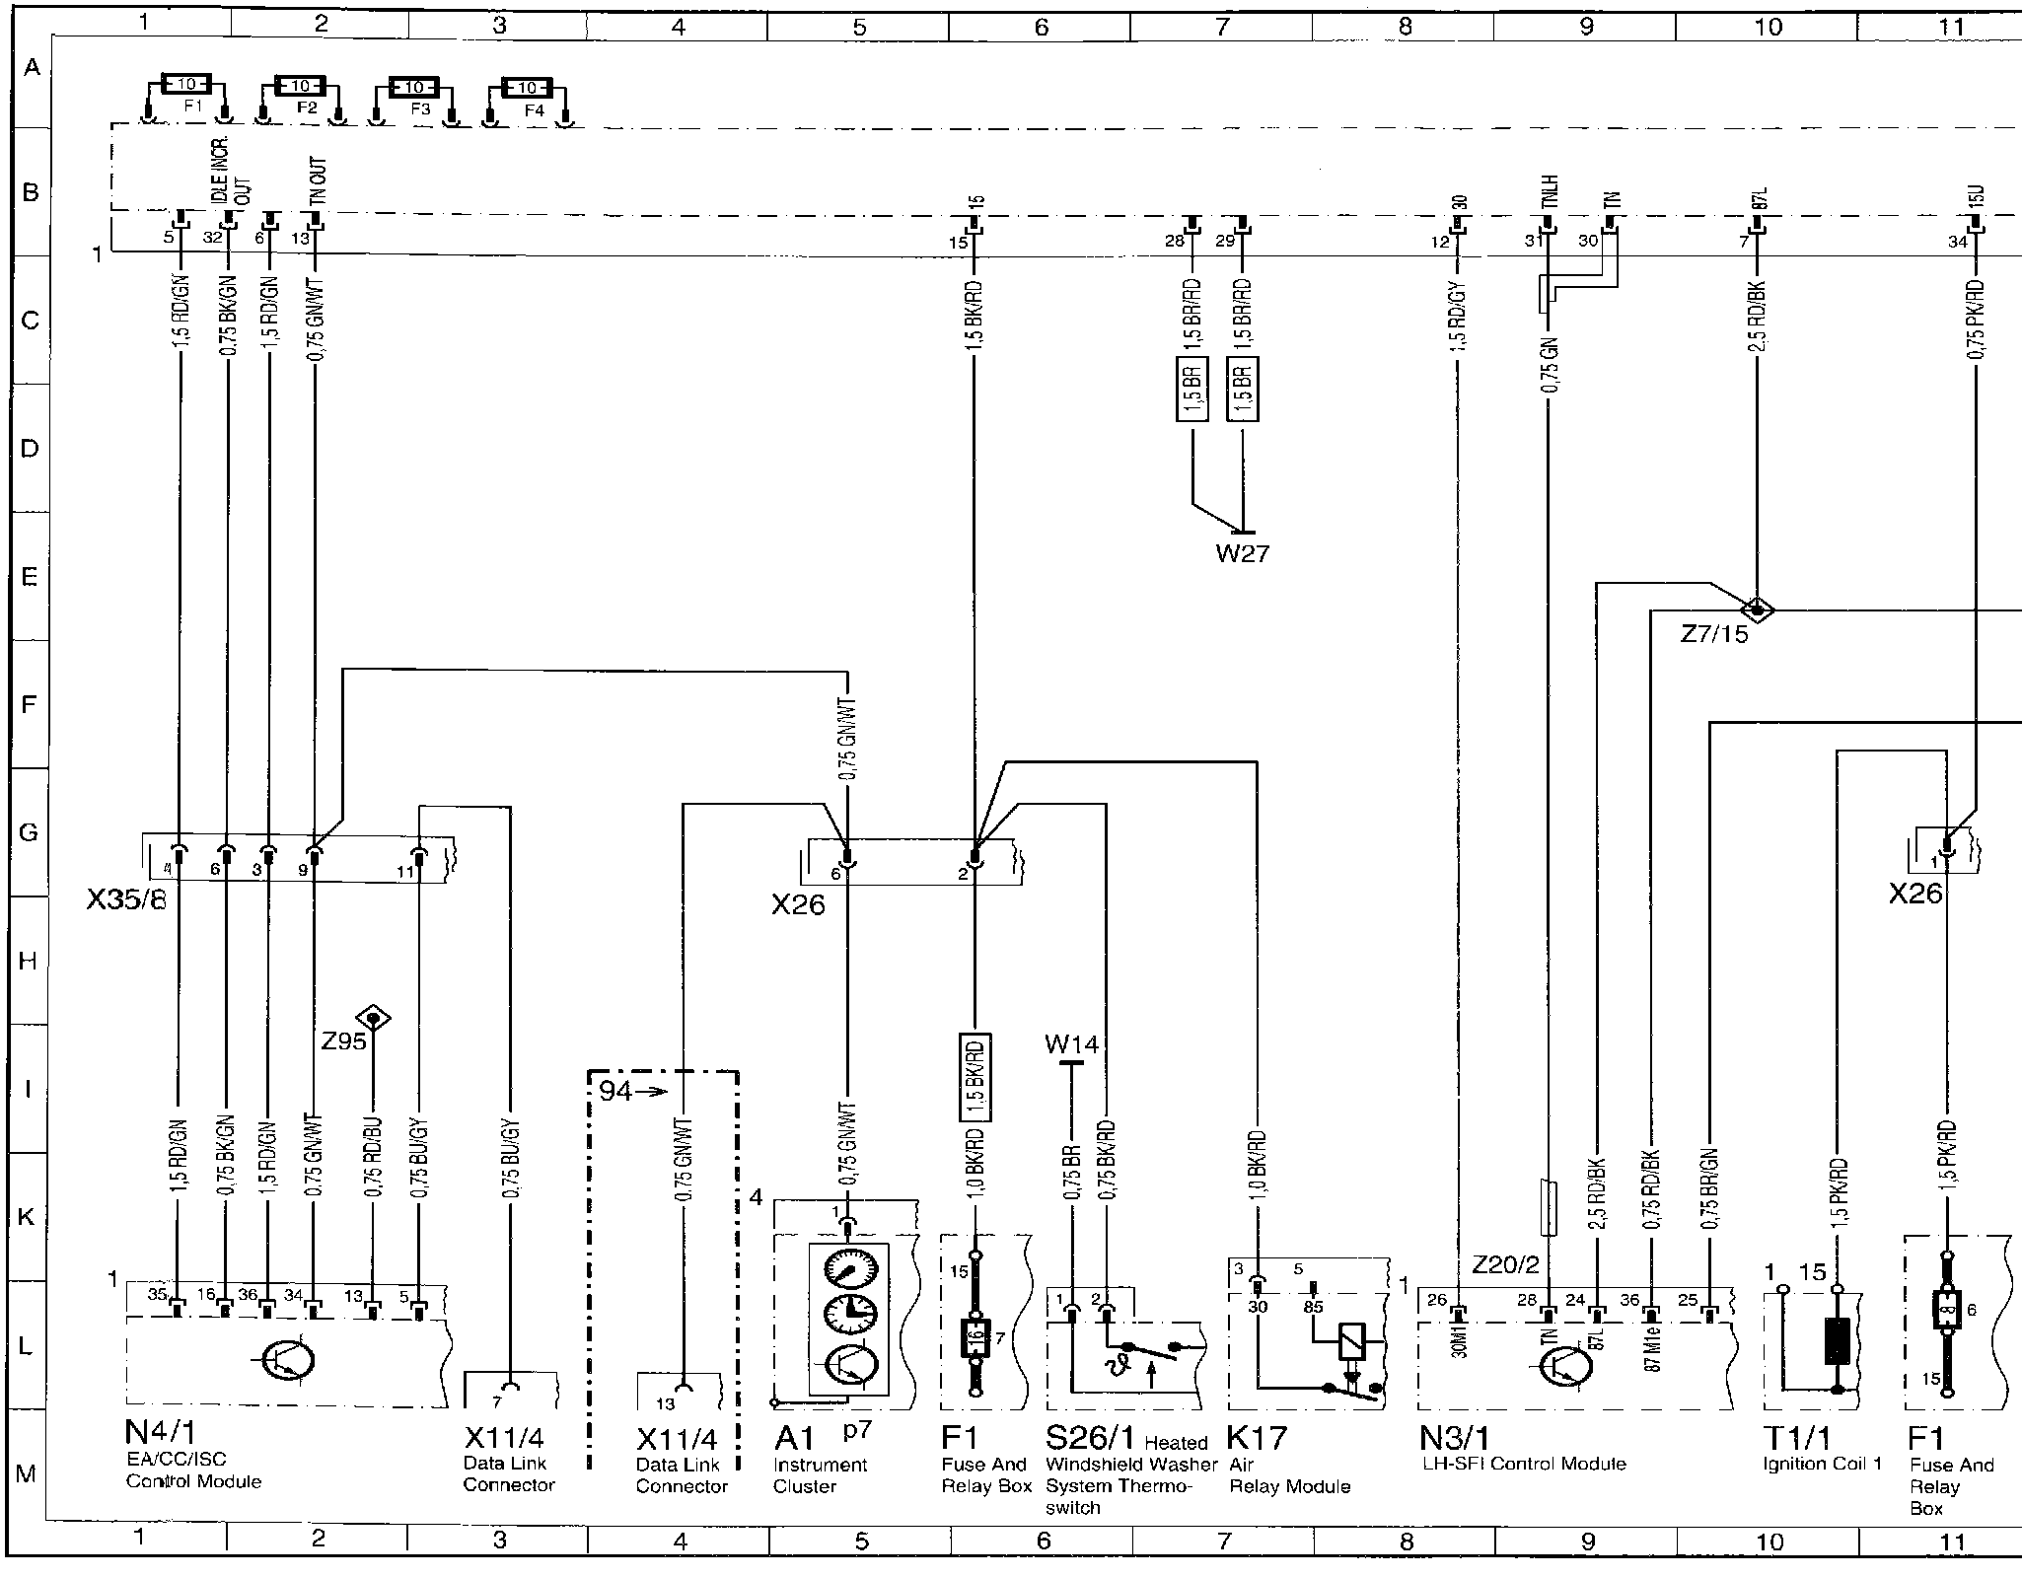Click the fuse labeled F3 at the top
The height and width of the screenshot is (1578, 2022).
tap(414, 88)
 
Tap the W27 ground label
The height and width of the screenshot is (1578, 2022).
tap(1242, 553)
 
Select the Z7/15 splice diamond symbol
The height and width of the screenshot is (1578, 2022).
tap(1758, 610)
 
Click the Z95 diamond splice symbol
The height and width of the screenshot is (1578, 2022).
tap(374, 1017)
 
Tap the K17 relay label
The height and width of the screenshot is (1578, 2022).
tap(1258, 1437)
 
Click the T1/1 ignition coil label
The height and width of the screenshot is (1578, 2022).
tap(1794, 1437)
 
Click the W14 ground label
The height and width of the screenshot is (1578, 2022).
tap(1071, 1043)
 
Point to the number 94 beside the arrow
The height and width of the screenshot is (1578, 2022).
tap(614, 1091)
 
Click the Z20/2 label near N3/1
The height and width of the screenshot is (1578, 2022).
tap(1504, 1264)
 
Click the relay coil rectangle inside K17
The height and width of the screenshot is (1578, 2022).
tap(1350, 1339)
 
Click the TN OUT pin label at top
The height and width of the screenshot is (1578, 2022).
tap(318, 180)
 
